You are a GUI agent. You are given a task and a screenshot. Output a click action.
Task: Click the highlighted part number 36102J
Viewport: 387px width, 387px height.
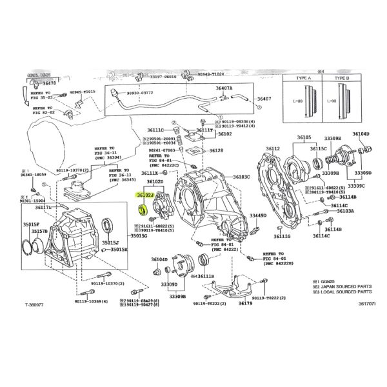[x=145, y=193]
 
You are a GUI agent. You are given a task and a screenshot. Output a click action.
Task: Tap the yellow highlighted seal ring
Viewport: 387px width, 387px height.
[x=145, y=209]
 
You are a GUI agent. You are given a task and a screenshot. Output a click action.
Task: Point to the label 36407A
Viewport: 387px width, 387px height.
[x=224, y=88]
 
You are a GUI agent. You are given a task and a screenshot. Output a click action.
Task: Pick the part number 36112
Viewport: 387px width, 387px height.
[x=273, y=149]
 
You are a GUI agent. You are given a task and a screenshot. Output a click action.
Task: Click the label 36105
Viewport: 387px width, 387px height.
[x=304, y=138]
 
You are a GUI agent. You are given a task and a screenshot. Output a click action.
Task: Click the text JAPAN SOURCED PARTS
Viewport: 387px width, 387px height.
[x=339, y=286]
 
